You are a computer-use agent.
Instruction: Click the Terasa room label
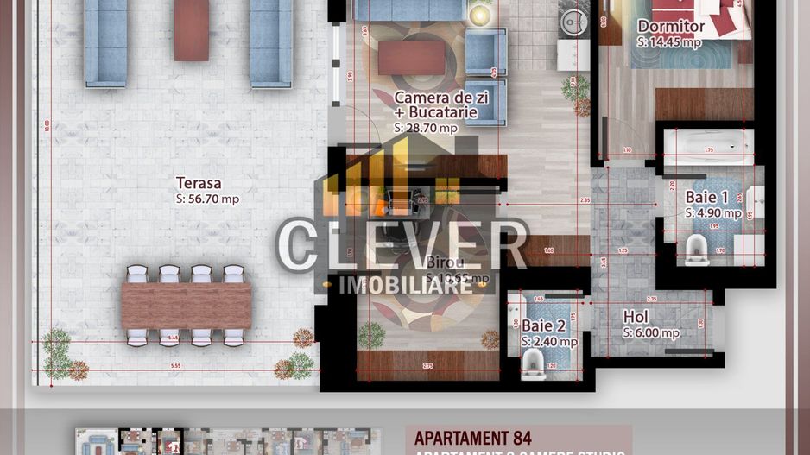pyautogui.click(x=199, y=183)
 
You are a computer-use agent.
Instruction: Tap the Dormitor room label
pyautogui.click(x=671, y=27)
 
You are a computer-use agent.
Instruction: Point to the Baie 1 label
pyautogui.click(x=707, y=197)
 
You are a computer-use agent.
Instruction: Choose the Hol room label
pyautogui.click(x=636, y=317)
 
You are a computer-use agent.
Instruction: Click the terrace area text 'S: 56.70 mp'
pyautogui.click(x=207, y=199)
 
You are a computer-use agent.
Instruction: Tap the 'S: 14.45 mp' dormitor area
pyautogui.click(x=669, y=41)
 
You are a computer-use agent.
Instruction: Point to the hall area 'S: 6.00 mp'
pyautogui.click(x=651, y=332)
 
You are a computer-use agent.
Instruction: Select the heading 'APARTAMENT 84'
pyautogui.click(x=472, y=437)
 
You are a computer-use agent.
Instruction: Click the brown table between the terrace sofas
pyautogui.click(x=191, y=30)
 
